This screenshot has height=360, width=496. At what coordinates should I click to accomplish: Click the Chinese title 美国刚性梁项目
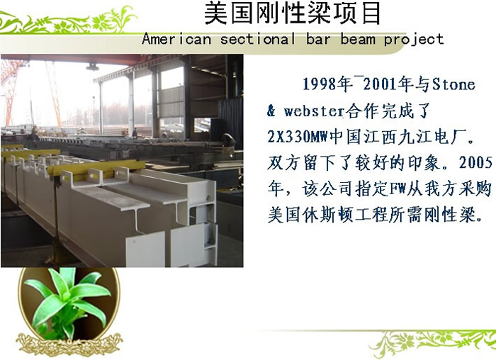[293, 13]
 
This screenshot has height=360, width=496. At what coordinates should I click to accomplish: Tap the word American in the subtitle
[176, 39]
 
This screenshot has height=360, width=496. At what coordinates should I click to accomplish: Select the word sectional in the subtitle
[258, 39]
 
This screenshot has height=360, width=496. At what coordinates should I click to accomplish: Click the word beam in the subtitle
[358, 39]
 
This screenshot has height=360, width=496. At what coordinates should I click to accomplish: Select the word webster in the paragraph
[314, 111]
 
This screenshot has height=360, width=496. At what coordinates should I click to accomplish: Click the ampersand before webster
[271, 111]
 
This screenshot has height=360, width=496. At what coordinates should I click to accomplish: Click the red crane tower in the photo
[11, 91]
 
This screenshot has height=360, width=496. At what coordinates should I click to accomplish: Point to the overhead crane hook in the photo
[92, 67]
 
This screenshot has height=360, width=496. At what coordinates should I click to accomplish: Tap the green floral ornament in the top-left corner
[68, 21]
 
